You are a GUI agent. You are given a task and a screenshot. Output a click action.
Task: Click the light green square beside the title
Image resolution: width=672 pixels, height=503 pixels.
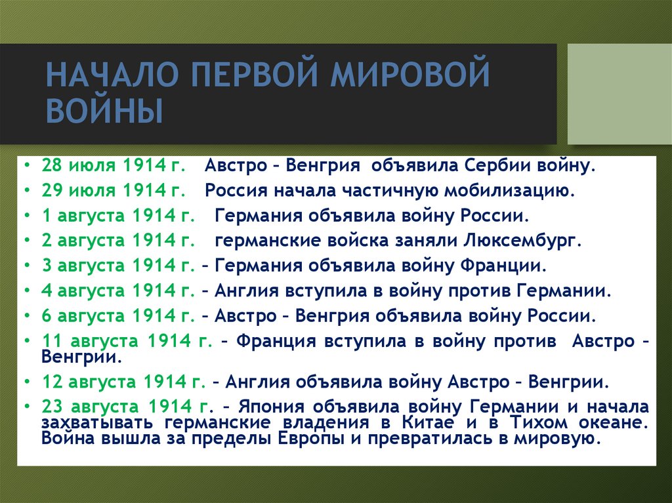[619, 94]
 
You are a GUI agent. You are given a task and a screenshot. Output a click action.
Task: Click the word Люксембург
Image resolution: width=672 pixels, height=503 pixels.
[523, 240]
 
